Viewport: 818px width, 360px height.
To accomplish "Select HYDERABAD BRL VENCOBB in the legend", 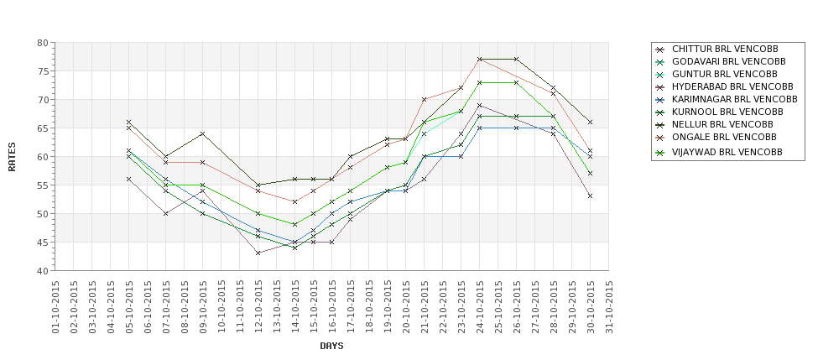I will pos(732,86).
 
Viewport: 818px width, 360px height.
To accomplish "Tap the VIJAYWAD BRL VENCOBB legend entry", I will pos(727,152).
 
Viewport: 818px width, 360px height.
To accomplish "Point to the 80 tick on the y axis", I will pos(41,43).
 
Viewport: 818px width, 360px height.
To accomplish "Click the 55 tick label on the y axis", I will pos(41,185).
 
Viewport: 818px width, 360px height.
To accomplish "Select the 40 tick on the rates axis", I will pos(41,271).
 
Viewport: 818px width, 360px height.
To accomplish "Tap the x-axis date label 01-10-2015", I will pos(55,308).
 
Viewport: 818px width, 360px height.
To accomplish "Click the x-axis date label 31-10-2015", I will pos(609,308).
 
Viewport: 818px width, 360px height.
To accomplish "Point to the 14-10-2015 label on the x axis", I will pos(295,308).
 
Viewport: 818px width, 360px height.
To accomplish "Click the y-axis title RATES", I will pos(12,156).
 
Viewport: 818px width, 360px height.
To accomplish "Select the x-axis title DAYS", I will pos(331,346).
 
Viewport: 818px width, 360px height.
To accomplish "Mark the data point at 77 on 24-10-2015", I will pos(480,60).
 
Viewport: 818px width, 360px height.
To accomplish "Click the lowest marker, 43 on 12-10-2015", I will pos(258,253).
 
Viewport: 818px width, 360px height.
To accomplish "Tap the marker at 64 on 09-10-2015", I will pos(203,133).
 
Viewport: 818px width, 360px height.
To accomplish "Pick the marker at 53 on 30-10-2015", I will pos(591,196).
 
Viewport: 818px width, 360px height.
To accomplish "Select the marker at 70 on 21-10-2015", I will pos(425,100).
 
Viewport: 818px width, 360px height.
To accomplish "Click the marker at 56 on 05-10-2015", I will pos(129,180).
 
